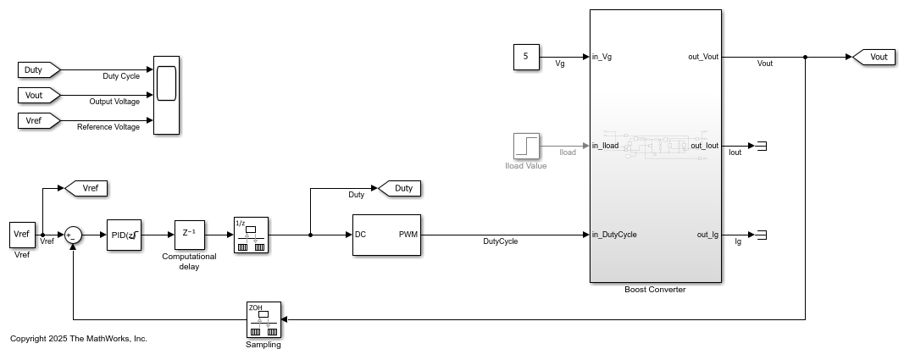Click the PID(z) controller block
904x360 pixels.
pyautogui.click(x=123, y=235)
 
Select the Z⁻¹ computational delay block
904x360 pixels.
pyautogui.click(x=190, y=235)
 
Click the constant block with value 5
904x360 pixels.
pyautogui.click(x=526, y=57)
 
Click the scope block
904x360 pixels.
pyautogui.click(x=166, y=95)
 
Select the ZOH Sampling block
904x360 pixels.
pyautogui.click(x=263, y=319)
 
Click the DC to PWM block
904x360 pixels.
pyautogui.click(x=386, y=235)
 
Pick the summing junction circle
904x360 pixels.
pyautogui.click(x=74, y=235)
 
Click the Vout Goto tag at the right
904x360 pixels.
pyautogui.click(x=872, y=57)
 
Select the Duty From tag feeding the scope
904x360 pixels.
pyautogui.click(x=38, y=69)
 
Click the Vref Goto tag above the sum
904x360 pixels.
pyautogui.click(x=86, y=188)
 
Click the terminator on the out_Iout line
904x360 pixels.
pyautogui.click(x=761, y=146)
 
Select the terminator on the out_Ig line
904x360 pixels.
pyautogui.click(x=761, y=235)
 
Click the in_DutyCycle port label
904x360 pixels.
pyautogui.click(x=614, y=235)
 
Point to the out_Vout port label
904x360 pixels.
pyautogui.click(x=703, y=57)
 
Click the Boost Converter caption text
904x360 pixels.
pyautogui.click(x=655, y=290)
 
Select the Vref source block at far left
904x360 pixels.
pyautogui.click(x=21, y=235)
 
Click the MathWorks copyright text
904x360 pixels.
pyautogui.click(x=79, y=339)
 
